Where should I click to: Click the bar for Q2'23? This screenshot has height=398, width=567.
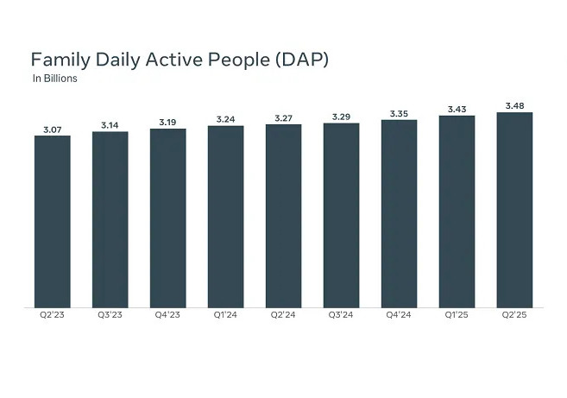(53, 222)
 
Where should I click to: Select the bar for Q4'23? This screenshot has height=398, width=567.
(168, 218)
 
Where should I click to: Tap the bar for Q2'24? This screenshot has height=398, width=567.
(283, 216)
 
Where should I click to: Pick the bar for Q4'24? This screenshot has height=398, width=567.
(400, 214)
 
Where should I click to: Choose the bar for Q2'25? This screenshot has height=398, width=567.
(514, 210)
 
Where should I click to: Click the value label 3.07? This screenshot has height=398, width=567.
(53, 130)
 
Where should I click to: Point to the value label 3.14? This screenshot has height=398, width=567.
(110, 125)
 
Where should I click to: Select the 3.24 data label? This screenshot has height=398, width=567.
(225, 119)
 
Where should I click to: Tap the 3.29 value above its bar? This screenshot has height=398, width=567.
(342, 117)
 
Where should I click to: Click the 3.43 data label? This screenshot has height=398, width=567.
(457, 109)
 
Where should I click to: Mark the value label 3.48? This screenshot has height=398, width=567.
(514, 105)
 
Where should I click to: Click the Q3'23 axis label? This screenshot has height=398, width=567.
(110, 315)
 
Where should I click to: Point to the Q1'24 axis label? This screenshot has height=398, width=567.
(225, 315)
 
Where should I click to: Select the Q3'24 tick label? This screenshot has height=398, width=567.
(341, 315)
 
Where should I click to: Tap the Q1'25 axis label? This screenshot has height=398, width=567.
(457, 315)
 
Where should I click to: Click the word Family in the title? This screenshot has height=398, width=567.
(60, 60)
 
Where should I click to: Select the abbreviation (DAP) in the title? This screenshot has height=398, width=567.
(302, 60)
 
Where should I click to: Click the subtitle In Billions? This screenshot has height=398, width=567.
(55, 79)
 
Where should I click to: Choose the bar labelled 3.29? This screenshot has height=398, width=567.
(342, 216)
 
